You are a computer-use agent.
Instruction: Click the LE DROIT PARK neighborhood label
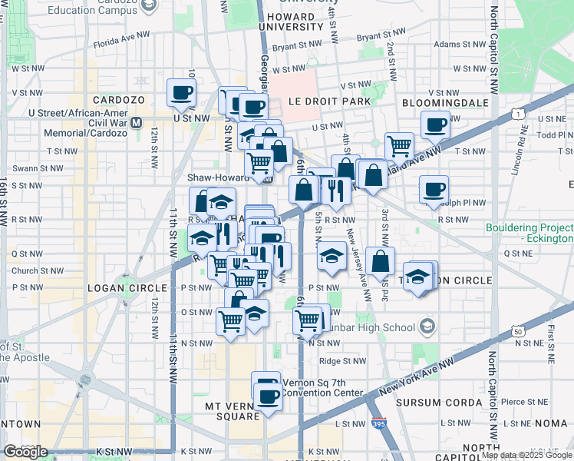(329, 101)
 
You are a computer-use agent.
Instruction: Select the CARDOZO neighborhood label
(114, 101)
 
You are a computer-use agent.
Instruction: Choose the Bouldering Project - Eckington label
(529, 234)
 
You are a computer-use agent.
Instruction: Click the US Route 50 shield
(519, 330)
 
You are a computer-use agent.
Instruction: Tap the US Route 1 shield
(520, 114)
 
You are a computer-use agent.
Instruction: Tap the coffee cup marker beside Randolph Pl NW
(434, 189)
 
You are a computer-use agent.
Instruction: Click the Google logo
(25, 452)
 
